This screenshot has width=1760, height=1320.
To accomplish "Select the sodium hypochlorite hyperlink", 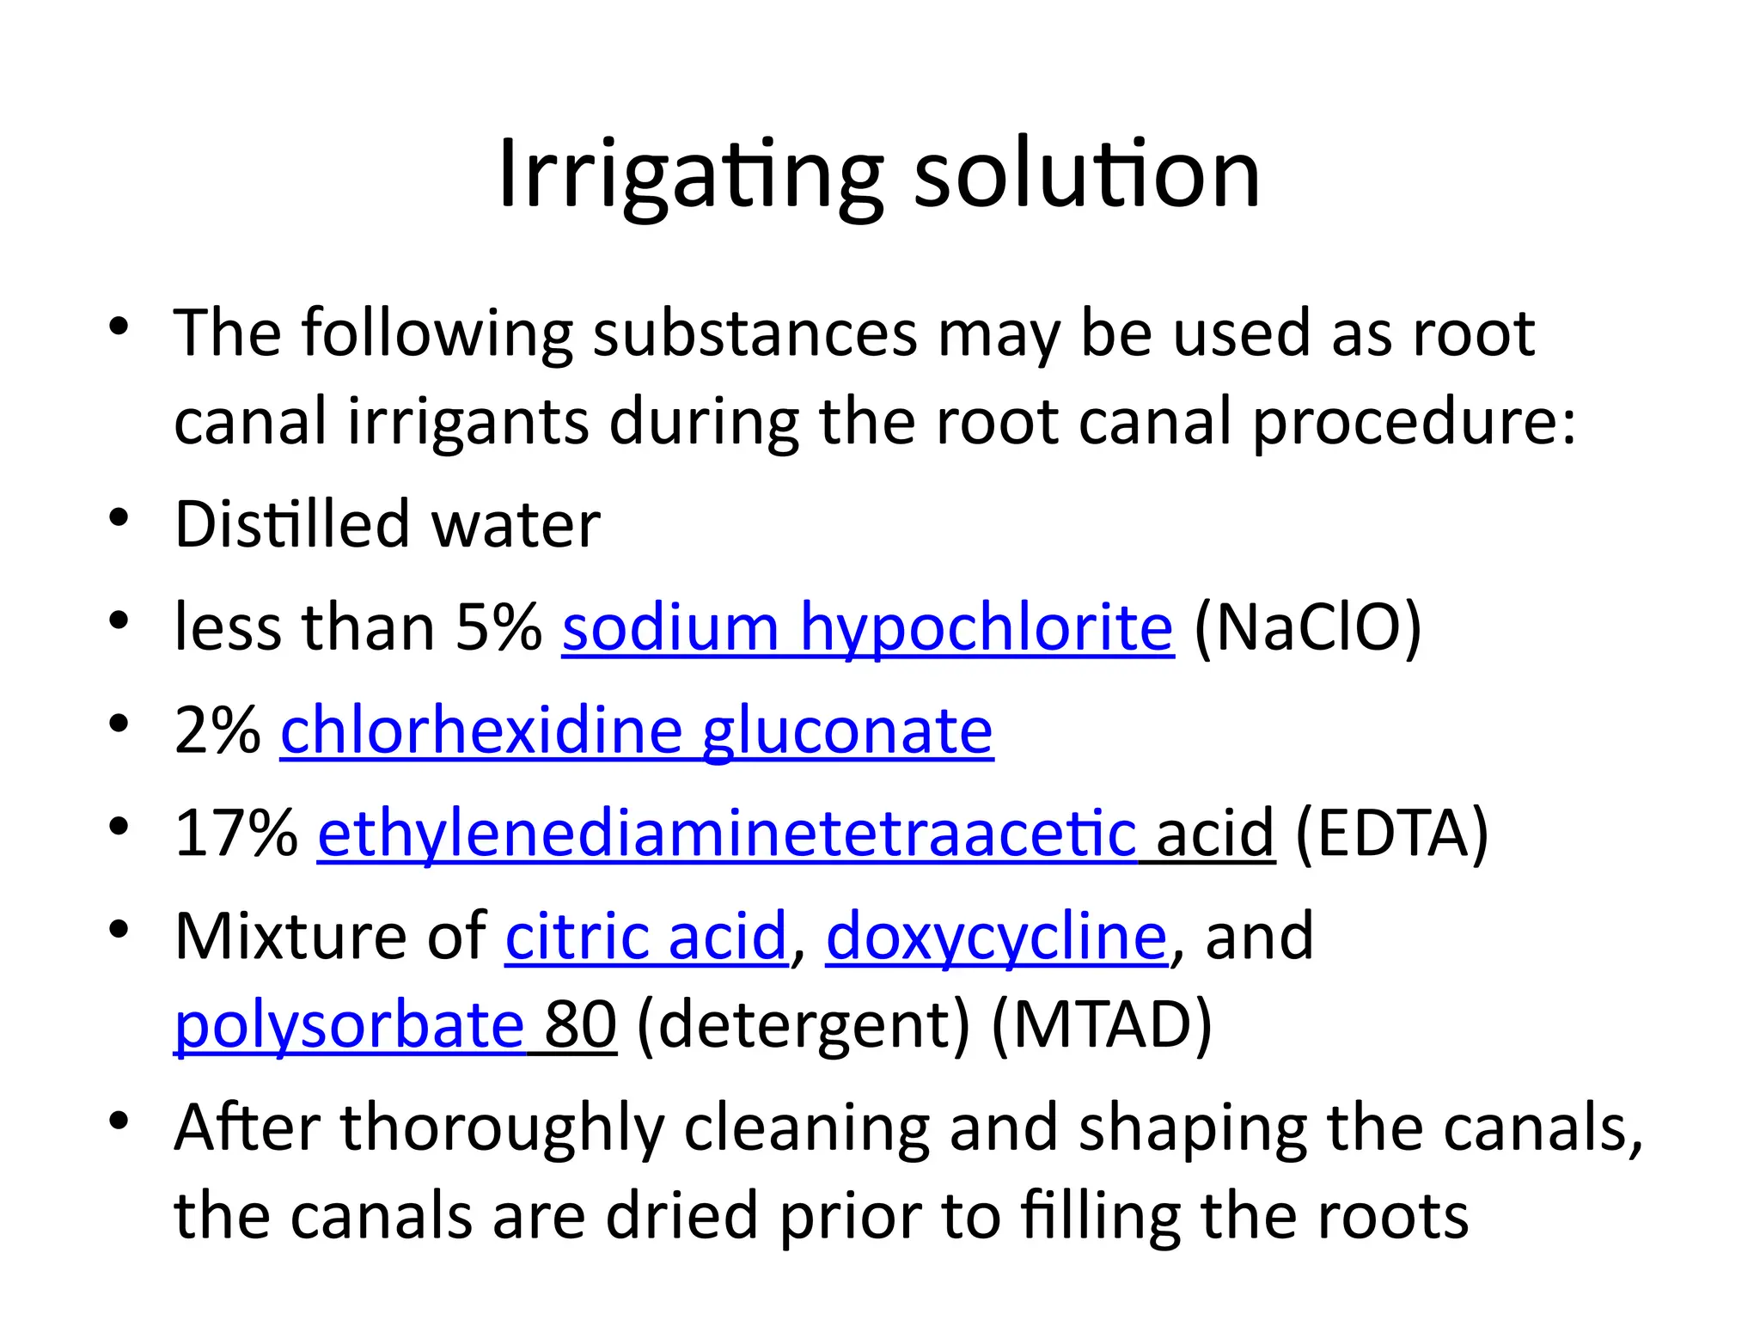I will tap(867, 627).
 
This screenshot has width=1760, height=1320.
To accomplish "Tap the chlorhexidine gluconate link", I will tap(637, 730).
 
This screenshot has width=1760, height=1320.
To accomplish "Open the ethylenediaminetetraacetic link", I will tap(727, 834).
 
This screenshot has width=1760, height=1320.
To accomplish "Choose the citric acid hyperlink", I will tap(646, 936).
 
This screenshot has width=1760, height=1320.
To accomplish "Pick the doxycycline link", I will tap(996, 936).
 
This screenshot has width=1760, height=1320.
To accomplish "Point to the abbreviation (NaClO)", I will tap(1307, 627).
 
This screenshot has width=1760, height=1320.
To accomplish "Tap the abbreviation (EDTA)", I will tap(1391, 834).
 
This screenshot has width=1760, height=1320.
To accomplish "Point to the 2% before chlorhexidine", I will tap(217, 730).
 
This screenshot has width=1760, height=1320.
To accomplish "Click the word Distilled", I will tap(291, 524).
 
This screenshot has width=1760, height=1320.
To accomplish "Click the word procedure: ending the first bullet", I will tap(1415, 422).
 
